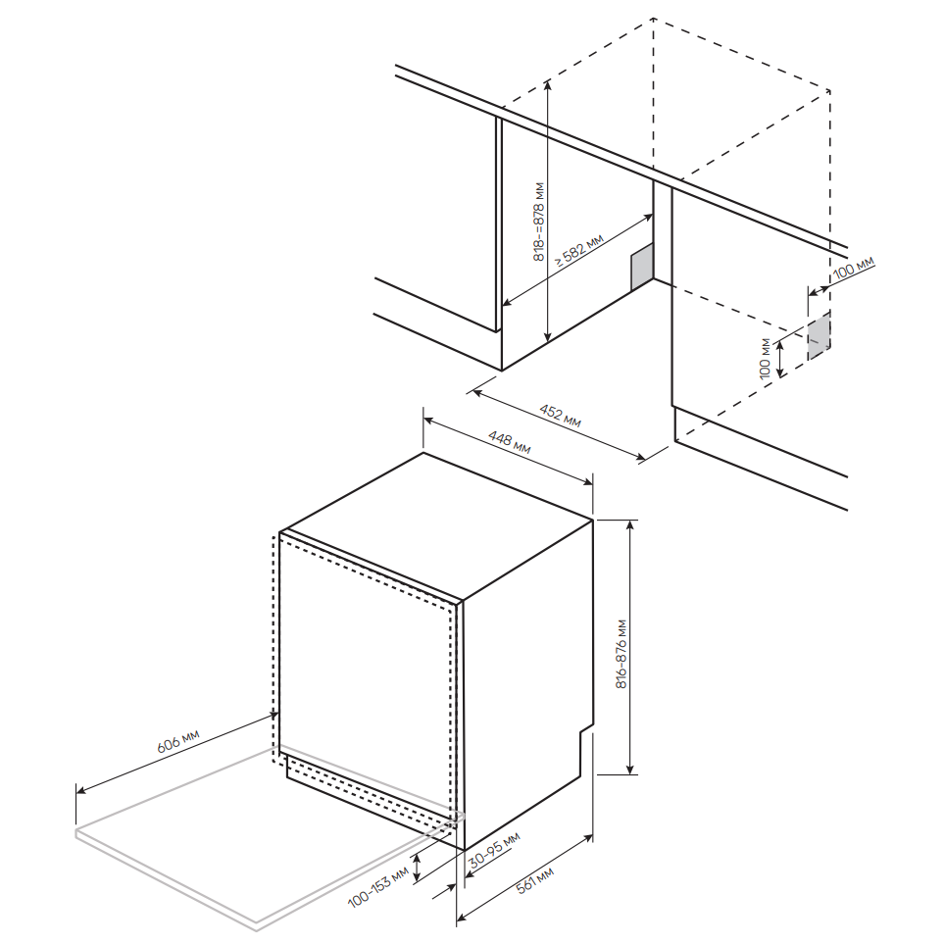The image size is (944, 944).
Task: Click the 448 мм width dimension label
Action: coord(510,441)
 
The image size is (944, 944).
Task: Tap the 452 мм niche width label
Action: coord(560,416)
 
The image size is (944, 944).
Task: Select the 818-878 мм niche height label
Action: coord(539,222)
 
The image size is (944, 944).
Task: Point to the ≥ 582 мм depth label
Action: coord(578,251)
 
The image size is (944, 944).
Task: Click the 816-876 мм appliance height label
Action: coord(621,654)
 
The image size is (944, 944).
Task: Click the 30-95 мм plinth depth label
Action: coord(494,850)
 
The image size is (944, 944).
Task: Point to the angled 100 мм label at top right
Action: coord(854,268)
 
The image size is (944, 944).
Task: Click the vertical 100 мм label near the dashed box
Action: coord(765,359)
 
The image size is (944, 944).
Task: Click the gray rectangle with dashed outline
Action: coord(819,336)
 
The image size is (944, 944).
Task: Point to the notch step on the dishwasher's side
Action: coord(586,729)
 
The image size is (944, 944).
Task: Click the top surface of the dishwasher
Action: coord(436,525)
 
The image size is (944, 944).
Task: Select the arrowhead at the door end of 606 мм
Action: coord(273,716)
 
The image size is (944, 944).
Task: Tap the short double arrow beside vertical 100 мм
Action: coord(780,359)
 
